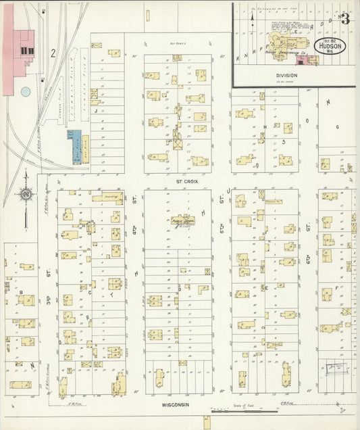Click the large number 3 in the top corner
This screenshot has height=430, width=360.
(x=346, y=18)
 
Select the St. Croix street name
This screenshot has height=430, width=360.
(x=178, y=181)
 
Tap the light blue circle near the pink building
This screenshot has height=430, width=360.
(x=26, y=91)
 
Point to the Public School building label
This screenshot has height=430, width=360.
(x=178, y=220)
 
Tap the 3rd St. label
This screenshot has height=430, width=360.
(x=49, y=274)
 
